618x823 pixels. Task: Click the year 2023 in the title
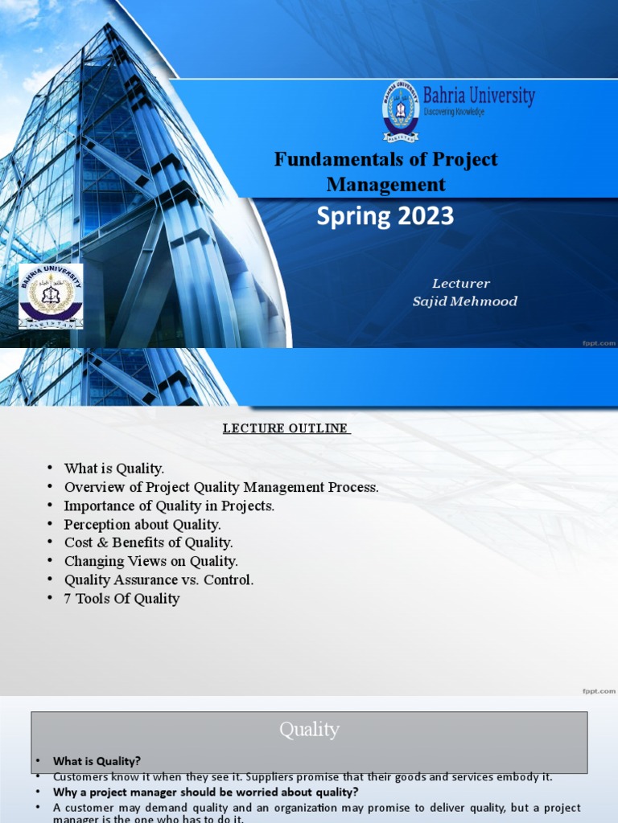(425, 216)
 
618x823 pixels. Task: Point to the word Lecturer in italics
(460, 284)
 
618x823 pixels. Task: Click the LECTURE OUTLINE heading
(286, 428)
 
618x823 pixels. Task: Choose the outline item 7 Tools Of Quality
(122, 599)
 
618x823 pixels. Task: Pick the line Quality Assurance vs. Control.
(159, 580)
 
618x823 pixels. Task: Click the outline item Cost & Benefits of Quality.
(149, 543)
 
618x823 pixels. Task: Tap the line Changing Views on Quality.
(151, 562)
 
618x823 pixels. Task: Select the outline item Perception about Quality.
(142, 525)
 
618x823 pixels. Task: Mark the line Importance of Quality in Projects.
(169, 506)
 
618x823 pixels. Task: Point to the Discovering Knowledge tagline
(454, 113)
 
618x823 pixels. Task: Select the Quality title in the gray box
(309, 730)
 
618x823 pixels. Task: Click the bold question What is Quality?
(97, 761)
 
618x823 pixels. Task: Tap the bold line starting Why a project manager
(205, 792)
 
